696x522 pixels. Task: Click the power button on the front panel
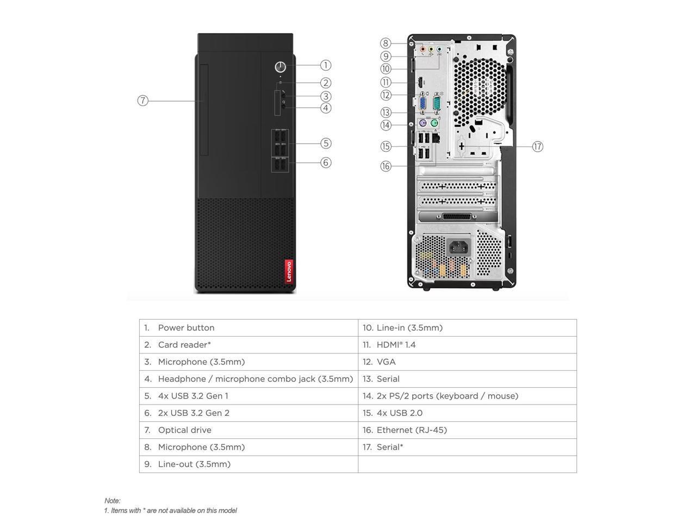[x=280, y=67]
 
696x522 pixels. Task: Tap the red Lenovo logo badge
[x=289, y=271]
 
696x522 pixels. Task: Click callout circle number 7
[x=142, y=101]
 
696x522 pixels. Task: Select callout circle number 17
[x=537, y=146]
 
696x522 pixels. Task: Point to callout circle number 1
[x=325, y=65]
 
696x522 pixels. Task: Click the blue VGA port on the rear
[x=423, y=103]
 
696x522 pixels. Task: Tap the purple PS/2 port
[x=422, y=123]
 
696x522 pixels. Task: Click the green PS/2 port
[x=434, y=123]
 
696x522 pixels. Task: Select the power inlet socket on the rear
[x=458, y=248]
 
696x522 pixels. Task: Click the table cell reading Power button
[x=248, y=328]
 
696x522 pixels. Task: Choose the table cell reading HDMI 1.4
[x=467, y=345]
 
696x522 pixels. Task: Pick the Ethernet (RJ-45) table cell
[x=467, y=430]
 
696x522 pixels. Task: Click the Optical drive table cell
[x=248, y=430]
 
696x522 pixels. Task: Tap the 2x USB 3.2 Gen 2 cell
[x=248, y=413]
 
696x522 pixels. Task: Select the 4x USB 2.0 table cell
[x=467, y=413]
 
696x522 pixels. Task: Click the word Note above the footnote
[x=113, y=501]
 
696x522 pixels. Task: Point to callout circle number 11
[x=386, y=83]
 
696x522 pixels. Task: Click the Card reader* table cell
[x=248, y=345]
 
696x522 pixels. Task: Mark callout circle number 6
[x=325, y=163]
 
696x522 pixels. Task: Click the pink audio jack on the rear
[x=422, y=48]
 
